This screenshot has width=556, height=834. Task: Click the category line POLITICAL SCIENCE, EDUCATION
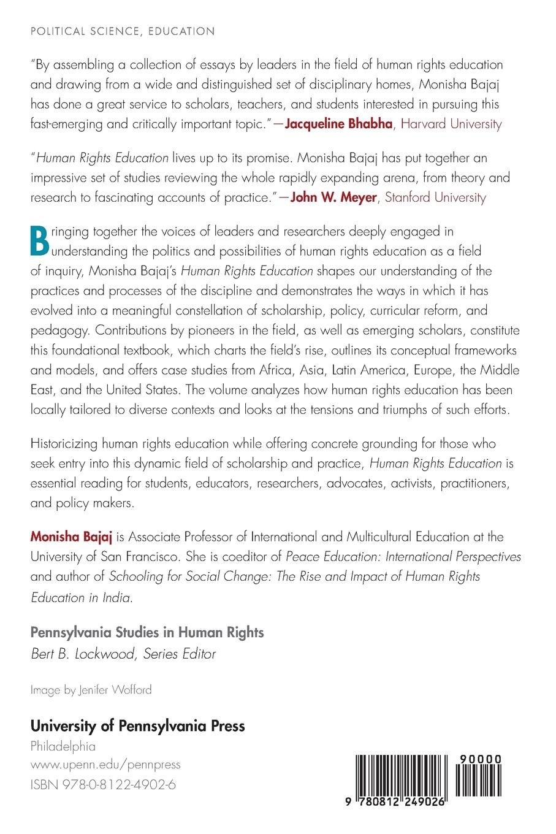(x=123, y=31)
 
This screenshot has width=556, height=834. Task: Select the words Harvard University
(x=451, y=124)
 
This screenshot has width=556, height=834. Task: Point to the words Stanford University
(x=435, y=197)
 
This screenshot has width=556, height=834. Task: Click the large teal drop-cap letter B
(x=40, y=241)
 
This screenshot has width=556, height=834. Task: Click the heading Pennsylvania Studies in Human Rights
(x=147, y=632)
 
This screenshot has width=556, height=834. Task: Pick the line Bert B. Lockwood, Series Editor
(x=123, y=654)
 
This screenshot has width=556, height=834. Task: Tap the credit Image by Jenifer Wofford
(x=91, y=690)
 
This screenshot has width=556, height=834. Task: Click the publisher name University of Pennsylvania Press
(x=138, y=726)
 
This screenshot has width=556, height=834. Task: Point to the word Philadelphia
(x=63, y=746)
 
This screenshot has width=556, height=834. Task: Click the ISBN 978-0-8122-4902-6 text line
(x=104, y=784)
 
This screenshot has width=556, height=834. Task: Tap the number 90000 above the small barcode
(x=478, y=759)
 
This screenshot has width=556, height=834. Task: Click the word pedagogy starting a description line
(x=59, y=331)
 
